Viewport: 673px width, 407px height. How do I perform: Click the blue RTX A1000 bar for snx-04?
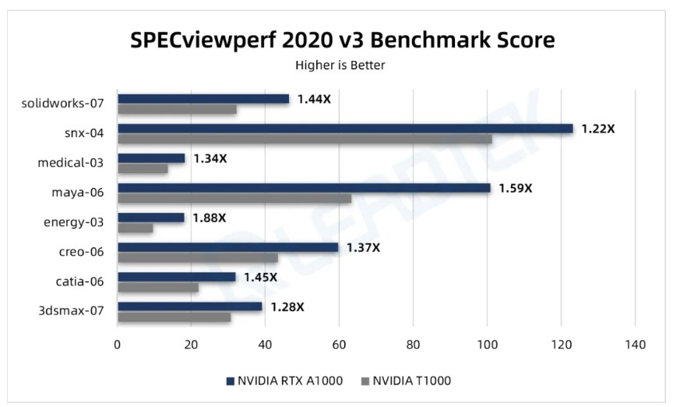[345, 129]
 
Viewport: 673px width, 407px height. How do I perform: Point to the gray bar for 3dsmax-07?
[174, 317]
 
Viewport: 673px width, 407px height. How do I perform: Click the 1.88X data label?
[210, 218]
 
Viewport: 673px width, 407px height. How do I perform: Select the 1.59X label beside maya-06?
[515, 188]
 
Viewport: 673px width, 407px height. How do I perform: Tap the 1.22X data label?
[597, 129]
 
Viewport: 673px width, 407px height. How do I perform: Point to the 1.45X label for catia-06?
[260, 277]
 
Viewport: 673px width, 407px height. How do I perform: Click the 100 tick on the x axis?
[488, 345]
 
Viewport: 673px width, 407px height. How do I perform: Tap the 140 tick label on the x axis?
[636, 345]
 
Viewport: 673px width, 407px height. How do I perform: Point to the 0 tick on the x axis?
[118, 345]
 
